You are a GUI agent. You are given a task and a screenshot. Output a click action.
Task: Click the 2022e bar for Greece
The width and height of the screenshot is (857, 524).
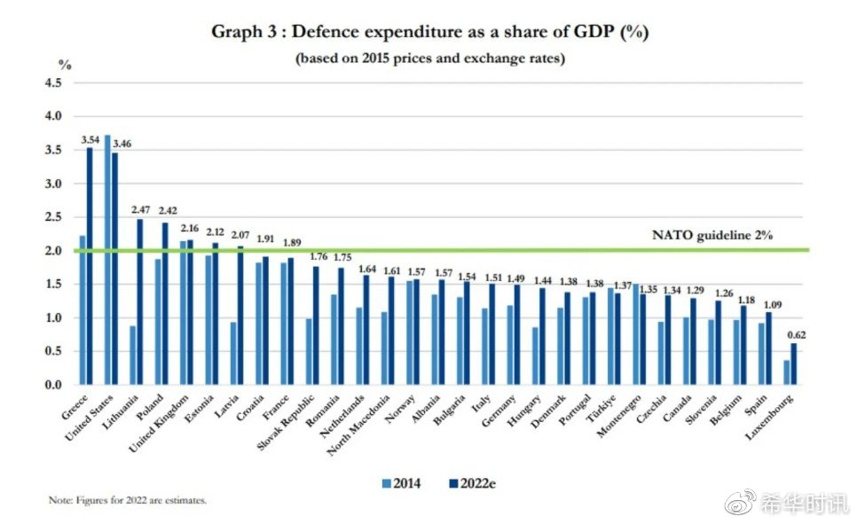pyautogui.click(x=90, y=266)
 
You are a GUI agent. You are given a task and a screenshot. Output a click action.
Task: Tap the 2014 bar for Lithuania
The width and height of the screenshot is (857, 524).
pyautogui.click(x=133, y=355)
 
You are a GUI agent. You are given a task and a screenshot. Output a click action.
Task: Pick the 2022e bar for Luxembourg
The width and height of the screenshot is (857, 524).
pyautogui.click(x=794, y=364)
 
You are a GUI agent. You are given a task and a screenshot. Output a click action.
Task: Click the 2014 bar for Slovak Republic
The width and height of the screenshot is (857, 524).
pyautogui.click(x=310, y=351)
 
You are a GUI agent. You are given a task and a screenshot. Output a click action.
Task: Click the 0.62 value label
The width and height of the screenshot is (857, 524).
pyautogui.click(x=798, y=334)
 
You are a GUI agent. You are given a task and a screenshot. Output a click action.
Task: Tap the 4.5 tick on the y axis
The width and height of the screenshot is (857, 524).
pyautogui.click(x=53, y=83)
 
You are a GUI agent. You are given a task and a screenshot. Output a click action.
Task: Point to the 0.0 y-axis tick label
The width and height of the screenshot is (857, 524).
pyautogui.click(x=53, y=385)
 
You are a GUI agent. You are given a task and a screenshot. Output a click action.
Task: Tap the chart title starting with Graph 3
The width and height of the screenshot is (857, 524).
pyautogui.click(x=428, y=33)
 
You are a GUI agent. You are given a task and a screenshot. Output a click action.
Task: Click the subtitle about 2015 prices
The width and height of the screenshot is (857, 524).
pyautogui.click(x=429, y=59)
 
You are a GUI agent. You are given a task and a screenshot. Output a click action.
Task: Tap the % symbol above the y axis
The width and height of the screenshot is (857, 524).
pyautogui.click(x=64, y=65)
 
